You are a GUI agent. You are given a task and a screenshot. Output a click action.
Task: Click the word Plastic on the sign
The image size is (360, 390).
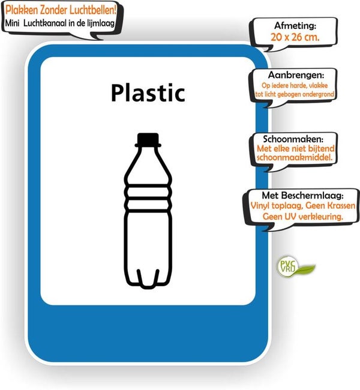click(148, 93)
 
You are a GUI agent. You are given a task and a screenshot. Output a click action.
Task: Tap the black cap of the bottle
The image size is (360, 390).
click(148, 140)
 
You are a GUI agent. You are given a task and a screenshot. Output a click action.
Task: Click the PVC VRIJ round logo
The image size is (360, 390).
click(288, 266)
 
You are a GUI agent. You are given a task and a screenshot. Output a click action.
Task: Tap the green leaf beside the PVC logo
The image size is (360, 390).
click(307, 269)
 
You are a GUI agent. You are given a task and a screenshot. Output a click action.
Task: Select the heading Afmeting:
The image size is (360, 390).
click(295, 26)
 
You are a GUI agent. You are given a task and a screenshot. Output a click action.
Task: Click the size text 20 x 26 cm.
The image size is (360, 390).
click(295, 37)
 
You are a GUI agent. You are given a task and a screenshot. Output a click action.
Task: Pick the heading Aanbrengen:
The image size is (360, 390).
click(296, 75)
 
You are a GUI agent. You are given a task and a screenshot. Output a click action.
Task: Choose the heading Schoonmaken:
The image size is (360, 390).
click(293, 139)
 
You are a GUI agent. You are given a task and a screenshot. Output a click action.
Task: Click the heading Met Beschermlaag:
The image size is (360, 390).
click(302, 196)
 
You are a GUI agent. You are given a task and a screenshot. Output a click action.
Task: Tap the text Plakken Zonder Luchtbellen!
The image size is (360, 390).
click(61, 10)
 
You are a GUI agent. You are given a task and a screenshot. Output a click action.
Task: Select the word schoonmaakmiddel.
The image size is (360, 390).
click(294, 157)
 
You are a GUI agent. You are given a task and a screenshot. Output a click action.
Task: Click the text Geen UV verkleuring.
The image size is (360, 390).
click(303, 217)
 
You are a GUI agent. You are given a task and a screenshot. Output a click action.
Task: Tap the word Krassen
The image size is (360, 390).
click(341, 206)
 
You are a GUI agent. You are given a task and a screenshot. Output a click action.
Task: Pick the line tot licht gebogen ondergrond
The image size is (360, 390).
click(295, 94)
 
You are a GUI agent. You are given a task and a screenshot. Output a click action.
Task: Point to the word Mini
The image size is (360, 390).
click(12, 23)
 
